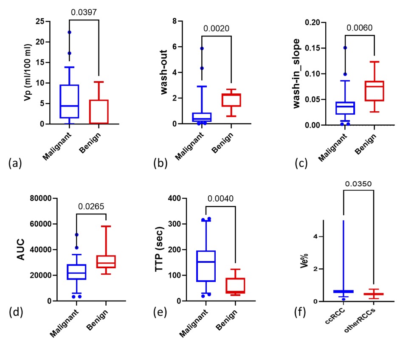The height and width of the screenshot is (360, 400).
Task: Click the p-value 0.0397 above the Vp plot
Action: (x=84, y=12)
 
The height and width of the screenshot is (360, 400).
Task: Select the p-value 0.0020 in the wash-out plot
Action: (x=217, y=29)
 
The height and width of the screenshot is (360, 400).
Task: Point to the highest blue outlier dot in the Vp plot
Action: (x=69, y=32)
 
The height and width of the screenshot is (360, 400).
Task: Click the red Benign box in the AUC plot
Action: (x=106, y=262)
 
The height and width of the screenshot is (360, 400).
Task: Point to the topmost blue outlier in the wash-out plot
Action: (x=202, y=48)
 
